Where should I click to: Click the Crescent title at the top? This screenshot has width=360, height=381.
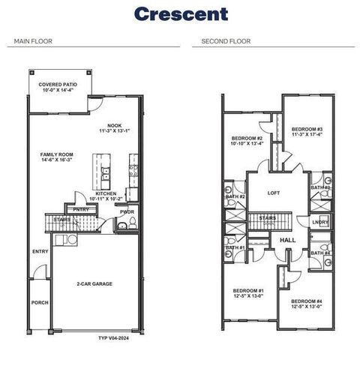pyautogui.click(x=180, y=13)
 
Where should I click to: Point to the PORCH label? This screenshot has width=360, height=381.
pyautogui.click(x=40, y=302)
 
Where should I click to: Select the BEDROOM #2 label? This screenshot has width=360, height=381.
pyautogui.click(x=247, y=139)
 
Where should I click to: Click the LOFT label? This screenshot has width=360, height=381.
pyautogui.click(x=274, y=193)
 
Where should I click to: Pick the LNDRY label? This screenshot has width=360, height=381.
pyautogui.click(x=320, y=222)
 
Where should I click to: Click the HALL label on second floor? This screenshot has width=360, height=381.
pyautogui.click(x=286, y=240)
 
